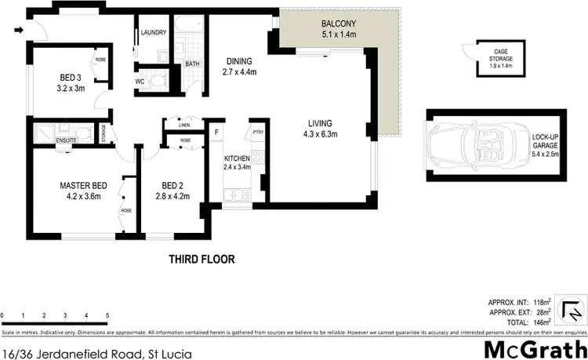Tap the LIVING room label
(320, 123)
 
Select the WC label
(139, 81)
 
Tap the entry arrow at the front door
(19, 31)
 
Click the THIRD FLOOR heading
(202, 259)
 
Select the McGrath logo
(533, 347)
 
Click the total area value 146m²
(542, 322)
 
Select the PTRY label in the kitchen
(257, 133)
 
